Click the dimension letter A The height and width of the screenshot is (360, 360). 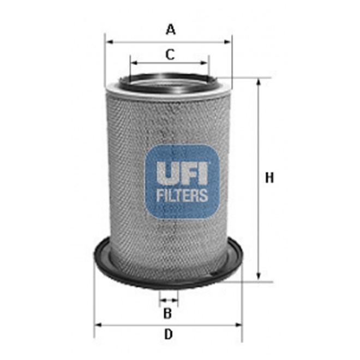click(x=171, y=29)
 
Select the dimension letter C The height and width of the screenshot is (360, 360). click(x=170, y=54)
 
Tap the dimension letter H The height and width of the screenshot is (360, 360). click(x=269, y=178)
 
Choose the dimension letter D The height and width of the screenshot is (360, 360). click(x=169, y=334)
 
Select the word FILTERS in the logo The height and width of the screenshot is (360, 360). click(x=182, y=195)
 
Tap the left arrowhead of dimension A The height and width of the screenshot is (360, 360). click(x=107, y=41)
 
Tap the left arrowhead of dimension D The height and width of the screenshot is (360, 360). click(x=98, y=324)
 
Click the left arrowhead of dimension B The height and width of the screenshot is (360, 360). click(x=161, y=299)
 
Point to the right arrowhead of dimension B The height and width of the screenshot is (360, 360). click(x=175, y=299)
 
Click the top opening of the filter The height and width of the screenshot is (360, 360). click(x=169, y=83)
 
